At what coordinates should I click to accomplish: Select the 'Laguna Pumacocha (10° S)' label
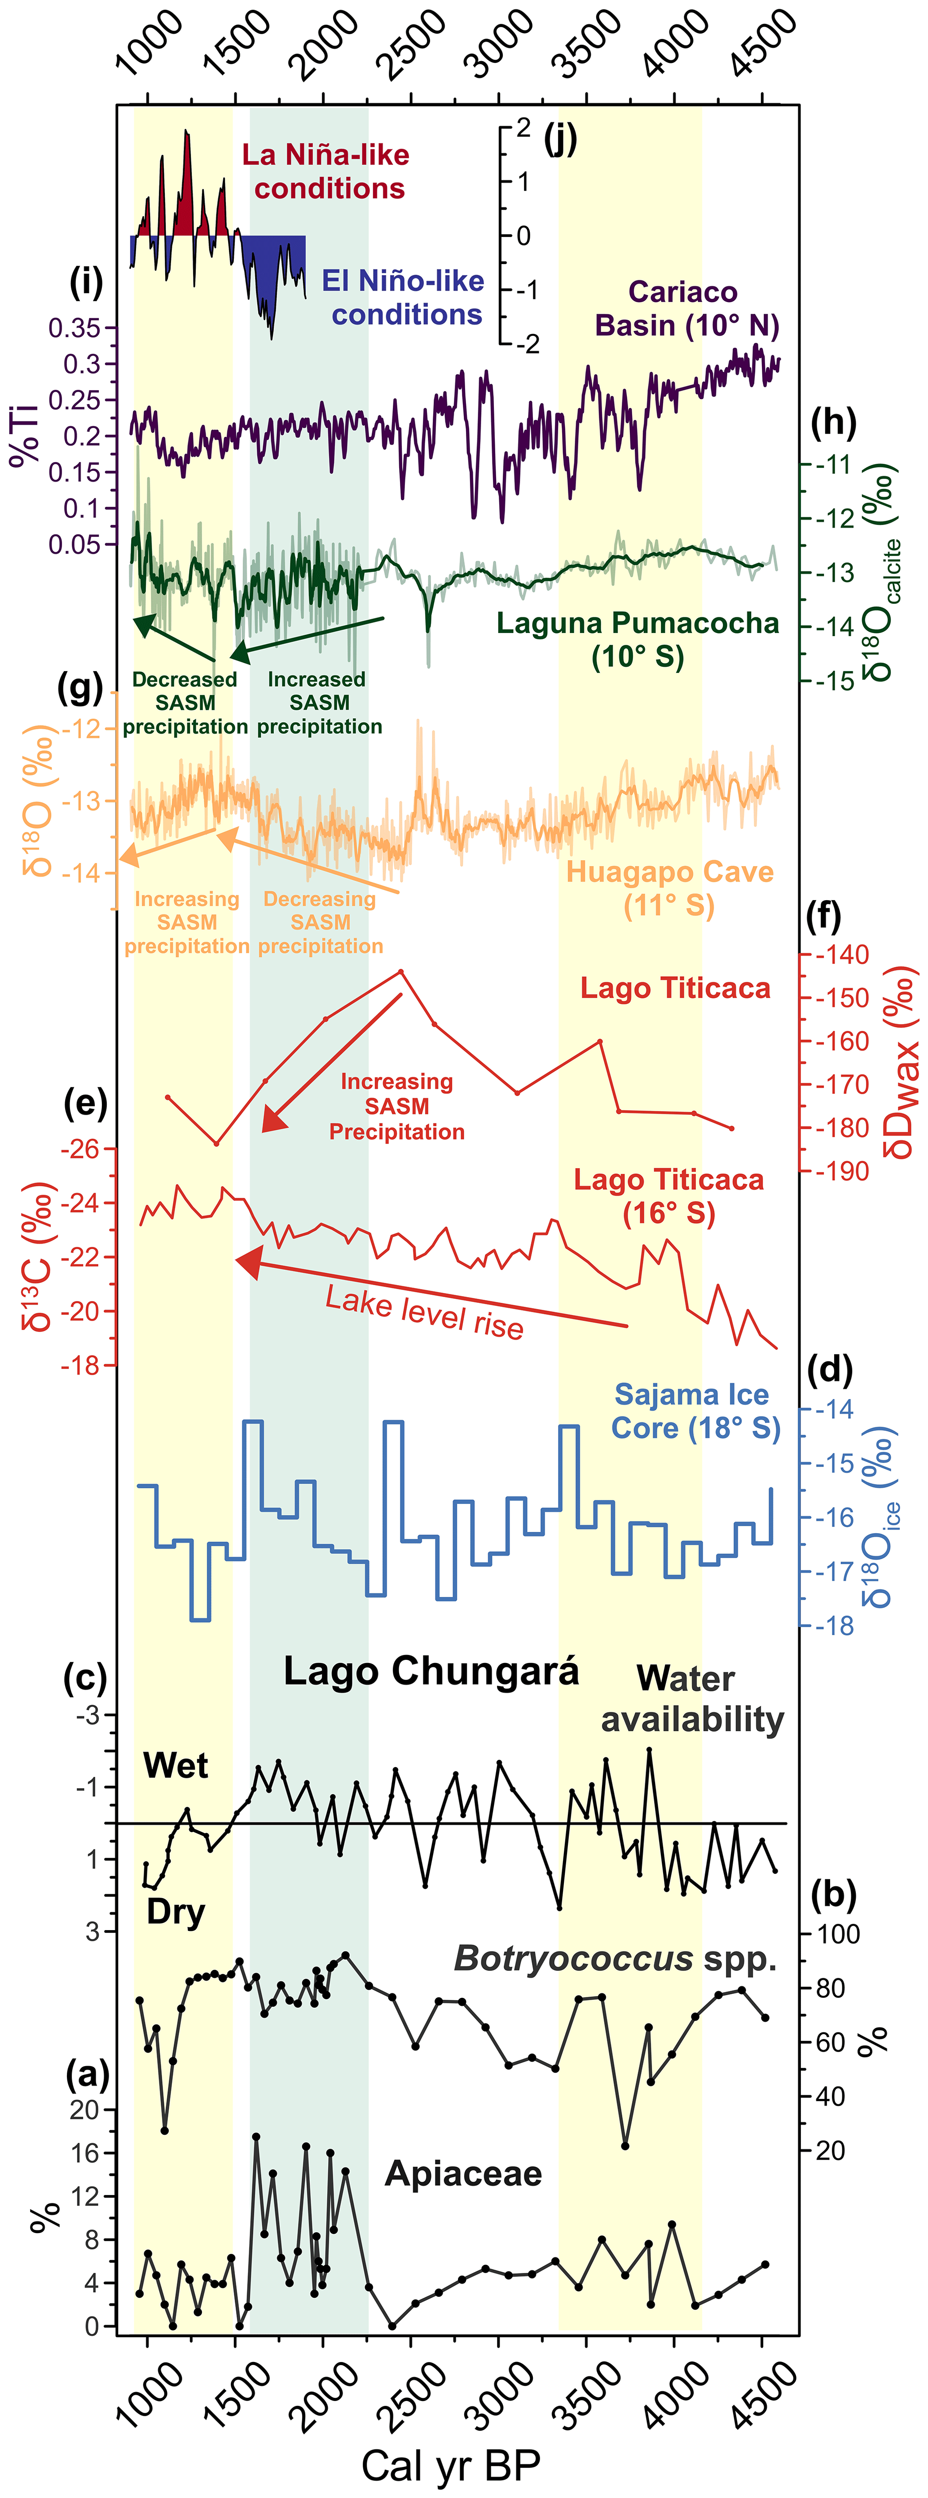[x=637, y=640]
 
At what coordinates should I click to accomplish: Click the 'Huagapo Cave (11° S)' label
[x=669, y=888]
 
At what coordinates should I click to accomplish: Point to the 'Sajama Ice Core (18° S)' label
[x=694, y=1411]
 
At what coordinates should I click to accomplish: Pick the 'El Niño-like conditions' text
[x=404, y=298]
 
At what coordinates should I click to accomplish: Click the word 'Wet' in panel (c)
[x=176, y=1766]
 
